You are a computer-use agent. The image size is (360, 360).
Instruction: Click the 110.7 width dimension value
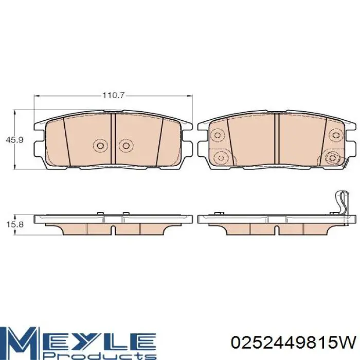pyautogui.click(x=113, y=95)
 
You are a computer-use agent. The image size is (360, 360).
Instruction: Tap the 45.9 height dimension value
pyautogui.click(x=14, y=140)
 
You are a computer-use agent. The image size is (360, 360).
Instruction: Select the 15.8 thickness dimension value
pyautogui.click(x=15, y=224)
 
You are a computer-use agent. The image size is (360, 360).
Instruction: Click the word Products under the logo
pyautogui.click(x=100, y=356)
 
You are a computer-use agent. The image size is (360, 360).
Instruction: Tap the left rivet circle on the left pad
pyautogui.click(x=100, y=146)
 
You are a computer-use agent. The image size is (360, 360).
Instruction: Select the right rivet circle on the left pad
pyautogui.click(x=126, y=146)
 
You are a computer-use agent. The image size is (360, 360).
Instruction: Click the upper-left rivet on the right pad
pyautogui.click(x=218, y=135)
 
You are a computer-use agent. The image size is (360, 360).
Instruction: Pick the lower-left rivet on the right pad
pyautogui.click(x=221, y=158)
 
